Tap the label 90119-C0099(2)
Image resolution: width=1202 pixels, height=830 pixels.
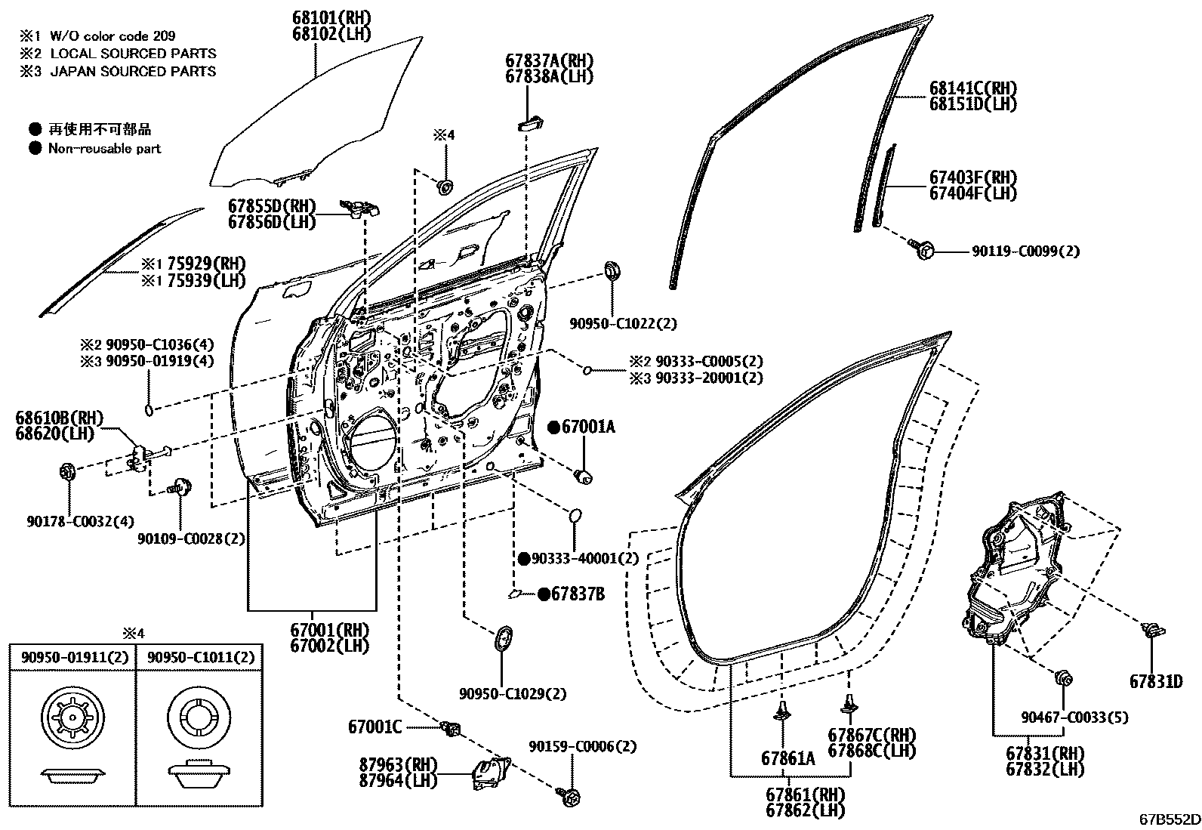pos(1025,251)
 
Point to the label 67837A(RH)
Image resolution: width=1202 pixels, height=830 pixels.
pos(549,60)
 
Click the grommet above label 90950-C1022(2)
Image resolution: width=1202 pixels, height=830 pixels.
pos(612,270)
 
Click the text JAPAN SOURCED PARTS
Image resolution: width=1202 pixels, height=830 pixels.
pos(133,71)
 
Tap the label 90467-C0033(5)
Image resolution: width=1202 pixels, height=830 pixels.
pos(1074,717)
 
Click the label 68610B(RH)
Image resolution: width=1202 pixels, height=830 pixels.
pos(59,418)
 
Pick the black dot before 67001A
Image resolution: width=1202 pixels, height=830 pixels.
pos(553,427)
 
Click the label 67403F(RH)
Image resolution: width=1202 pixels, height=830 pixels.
pos(972,177)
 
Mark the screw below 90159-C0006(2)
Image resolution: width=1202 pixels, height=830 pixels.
pos(571,795)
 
